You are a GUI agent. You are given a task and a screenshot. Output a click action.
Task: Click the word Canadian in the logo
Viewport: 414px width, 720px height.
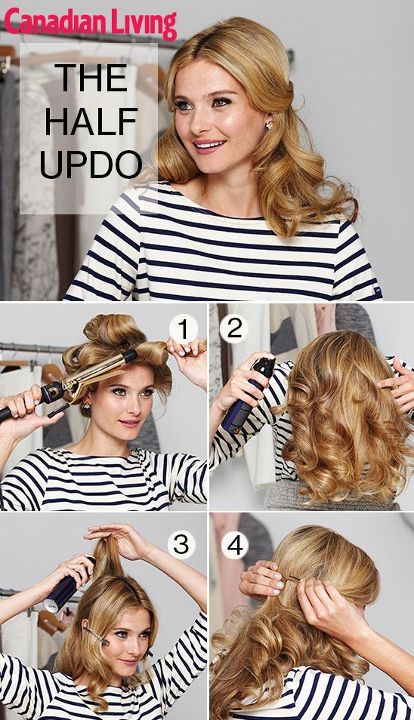coord(54,23)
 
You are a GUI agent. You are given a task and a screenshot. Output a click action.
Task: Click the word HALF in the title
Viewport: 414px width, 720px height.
coord(89,121)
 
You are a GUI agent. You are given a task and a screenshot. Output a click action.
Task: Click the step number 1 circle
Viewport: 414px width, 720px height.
coord(182,329)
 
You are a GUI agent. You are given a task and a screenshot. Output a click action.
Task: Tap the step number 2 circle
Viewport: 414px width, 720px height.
coord(234,328)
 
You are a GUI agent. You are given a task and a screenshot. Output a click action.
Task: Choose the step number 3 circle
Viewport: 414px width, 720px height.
coord(182,543)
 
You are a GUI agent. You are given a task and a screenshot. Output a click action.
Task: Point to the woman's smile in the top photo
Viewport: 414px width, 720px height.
coord(209,143)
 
